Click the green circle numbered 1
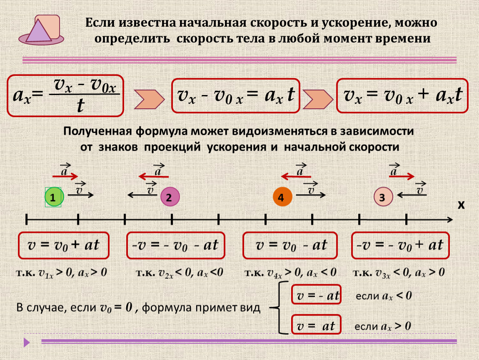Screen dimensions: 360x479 pyautogui.click(x=53, y=197)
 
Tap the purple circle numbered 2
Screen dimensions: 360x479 pyautogui.click(x=170, y=197)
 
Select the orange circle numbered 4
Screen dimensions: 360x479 pyautogui.click(x=282, y=197)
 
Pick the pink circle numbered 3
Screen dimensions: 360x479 pyautogui.click(x=383, y=197)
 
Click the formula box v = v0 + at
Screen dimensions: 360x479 pyautogui.click(x=63, y=245)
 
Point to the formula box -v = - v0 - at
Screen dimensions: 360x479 pyautogui.click(x=175, y=245)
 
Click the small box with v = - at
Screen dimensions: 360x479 pyautogui.click(x=317, y=296)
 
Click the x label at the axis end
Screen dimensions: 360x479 pyautogui.click(x=461, y=205)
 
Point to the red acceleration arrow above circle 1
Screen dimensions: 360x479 pyautogui.click(x=66, y=176)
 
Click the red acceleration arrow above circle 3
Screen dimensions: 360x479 pyautogui.click(x=402, y=176)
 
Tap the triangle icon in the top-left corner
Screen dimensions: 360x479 pyautogui.click(x=38, y=32)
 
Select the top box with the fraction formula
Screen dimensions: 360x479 pyautogui.click(x=65, y=95)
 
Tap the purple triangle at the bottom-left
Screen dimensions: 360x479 pyautogui.click(x=27, y=342)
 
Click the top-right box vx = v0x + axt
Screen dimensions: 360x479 pyautogui.click(x=403, y=95)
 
